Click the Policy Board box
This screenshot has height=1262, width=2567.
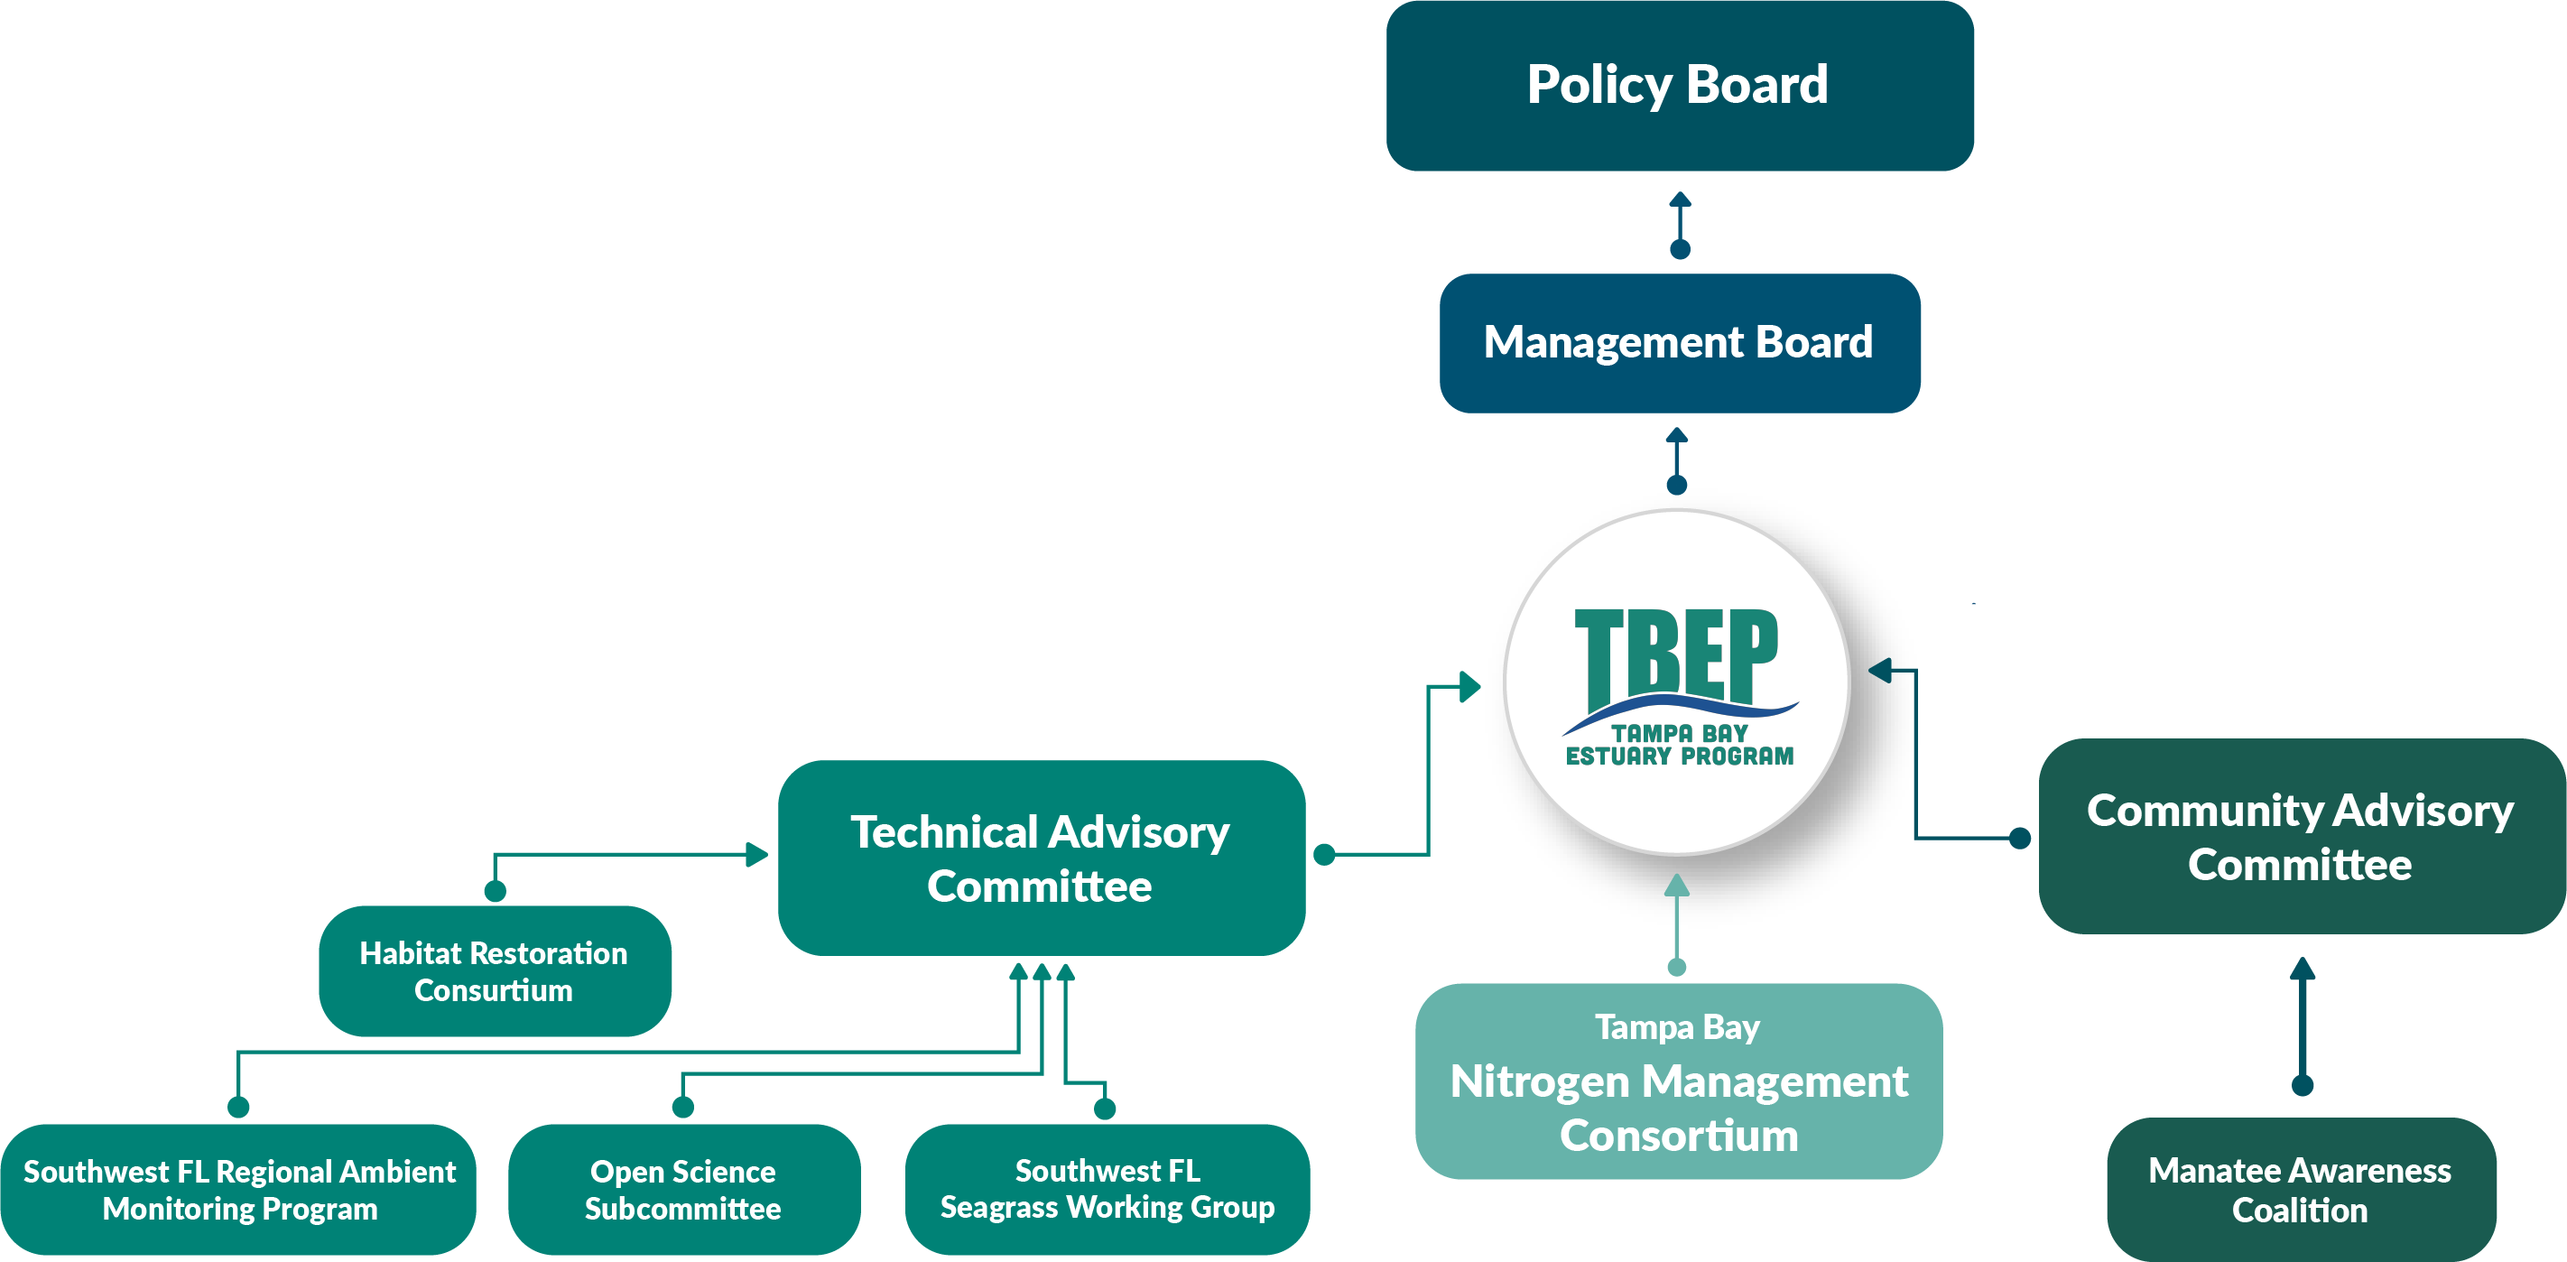pos(1679,86)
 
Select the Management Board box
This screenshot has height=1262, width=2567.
pos(1679,343)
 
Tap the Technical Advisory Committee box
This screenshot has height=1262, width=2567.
pos(1041,858)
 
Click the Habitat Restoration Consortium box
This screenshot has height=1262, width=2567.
pos(495,971)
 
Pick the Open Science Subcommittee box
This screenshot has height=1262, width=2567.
pos(682,1189)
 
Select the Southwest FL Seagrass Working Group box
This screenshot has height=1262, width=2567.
pos(1106,1189)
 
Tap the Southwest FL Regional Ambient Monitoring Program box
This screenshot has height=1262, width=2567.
pos(239,1189)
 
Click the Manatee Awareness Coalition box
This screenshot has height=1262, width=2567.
pos(2300,1189)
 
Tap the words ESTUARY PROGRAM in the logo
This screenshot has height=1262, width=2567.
pos(1679,756)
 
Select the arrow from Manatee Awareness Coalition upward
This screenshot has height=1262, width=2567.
pos(2302,1022)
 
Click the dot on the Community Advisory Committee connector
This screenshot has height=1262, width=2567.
pos(2020,838)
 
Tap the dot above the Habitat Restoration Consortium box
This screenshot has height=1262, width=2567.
pos(495,890)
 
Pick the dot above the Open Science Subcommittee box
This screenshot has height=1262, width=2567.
pos(682,1107)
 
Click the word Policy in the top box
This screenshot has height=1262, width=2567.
pos(1599,86)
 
